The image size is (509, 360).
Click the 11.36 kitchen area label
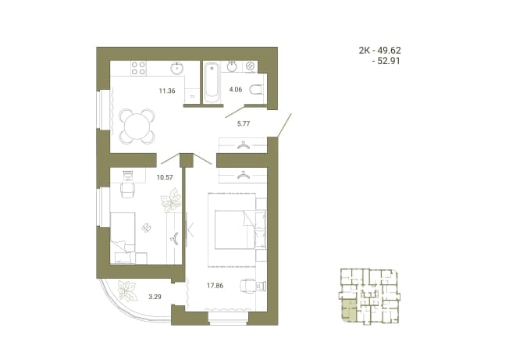[x=167, y=91]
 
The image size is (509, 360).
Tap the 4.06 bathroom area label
[x=235, y=90]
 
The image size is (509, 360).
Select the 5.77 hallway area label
[x=244, y=123]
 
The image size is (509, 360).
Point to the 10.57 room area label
[x=165, y=177]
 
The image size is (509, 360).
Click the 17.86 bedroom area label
[x=215, y=286]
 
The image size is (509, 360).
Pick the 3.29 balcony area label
[x=155, y=297]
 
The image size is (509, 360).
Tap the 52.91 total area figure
[x=389, y=61]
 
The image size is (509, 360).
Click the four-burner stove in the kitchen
[x=139, y=68]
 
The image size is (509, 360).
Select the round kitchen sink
[x=177, y=67]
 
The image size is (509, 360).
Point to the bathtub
[x=212, y=83]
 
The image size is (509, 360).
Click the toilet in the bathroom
[x=256, y=89]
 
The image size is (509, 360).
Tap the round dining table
[x=137, y=127]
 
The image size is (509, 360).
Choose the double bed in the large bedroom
[x=240, y=230]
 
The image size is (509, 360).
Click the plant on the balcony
[x=127, y=290]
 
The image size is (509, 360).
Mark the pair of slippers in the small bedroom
[x=147, y=228]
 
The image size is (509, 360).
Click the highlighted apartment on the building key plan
[x=348, y=311]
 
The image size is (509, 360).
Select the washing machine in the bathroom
[x=251, y=66]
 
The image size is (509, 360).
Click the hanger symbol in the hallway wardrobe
[x=243, y=145]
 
